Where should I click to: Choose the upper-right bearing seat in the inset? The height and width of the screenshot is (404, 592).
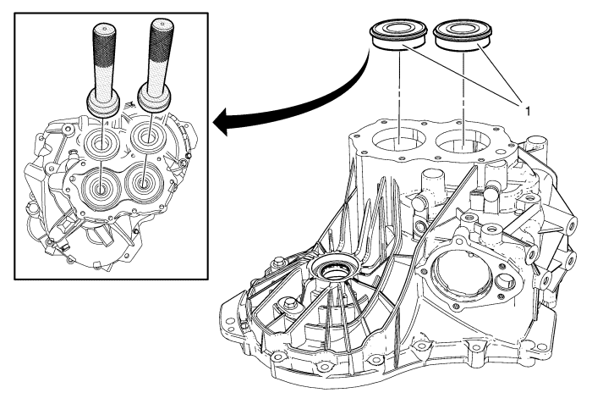point(151,136)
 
